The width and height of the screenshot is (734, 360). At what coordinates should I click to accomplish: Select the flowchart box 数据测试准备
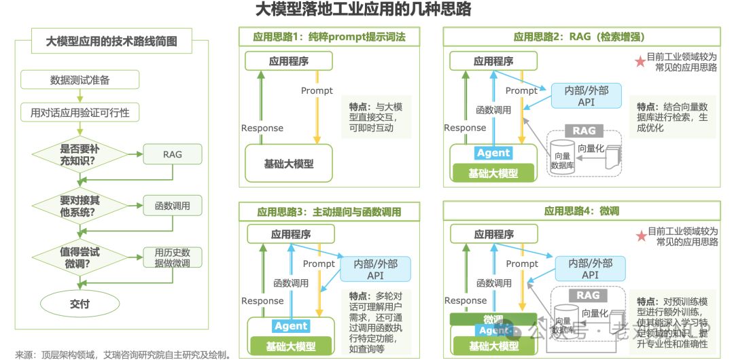pos(80,79)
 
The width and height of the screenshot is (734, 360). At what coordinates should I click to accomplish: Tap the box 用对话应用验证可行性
pos(80,112)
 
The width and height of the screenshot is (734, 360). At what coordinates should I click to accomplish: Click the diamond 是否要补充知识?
pos(79,154)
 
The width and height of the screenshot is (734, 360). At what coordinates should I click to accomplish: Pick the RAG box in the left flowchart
pos(172,154)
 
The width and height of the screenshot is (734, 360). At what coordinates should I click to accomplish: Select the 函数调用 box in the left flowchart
pos(172,206)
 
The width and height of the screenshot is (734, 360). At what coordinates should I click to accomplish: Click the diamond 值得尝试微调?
pos(79,257)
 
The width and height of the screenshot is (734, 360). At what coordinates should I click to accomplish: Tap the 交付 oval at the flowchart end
pos(80,304)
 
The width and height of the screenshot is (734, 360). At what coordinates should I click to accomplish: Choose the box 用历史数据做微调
pos(172,257)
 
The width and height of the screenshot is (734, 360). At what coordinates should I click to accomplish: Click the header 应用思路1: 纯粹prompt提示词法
pos(329,37)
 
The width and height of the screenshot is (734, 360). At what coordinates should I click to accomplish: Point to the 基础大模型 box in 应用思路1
pos(289,164)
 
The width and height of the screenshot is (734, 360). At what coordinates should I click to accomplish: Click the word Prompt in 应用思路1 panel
pos(317,90)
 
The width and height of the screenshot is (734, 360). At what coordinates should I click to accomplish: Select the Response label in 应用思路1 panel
pos(262,128)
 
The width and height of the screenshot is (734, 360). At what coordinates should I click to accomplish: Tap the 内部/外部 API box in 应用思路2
pos(587,96)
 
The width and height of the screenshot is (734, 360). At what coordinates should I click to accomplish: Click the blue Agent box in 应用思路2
pos(493,153)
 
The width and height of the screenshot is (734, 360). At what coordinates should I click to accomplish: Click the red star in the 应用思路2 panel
pos(640,62)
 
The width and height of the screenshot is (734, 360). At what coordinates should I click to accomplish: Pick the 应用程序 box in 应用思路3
pos(291,234)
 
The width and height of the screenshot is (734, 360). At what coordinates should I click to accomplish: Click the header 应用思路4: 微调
pos(581,211)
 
